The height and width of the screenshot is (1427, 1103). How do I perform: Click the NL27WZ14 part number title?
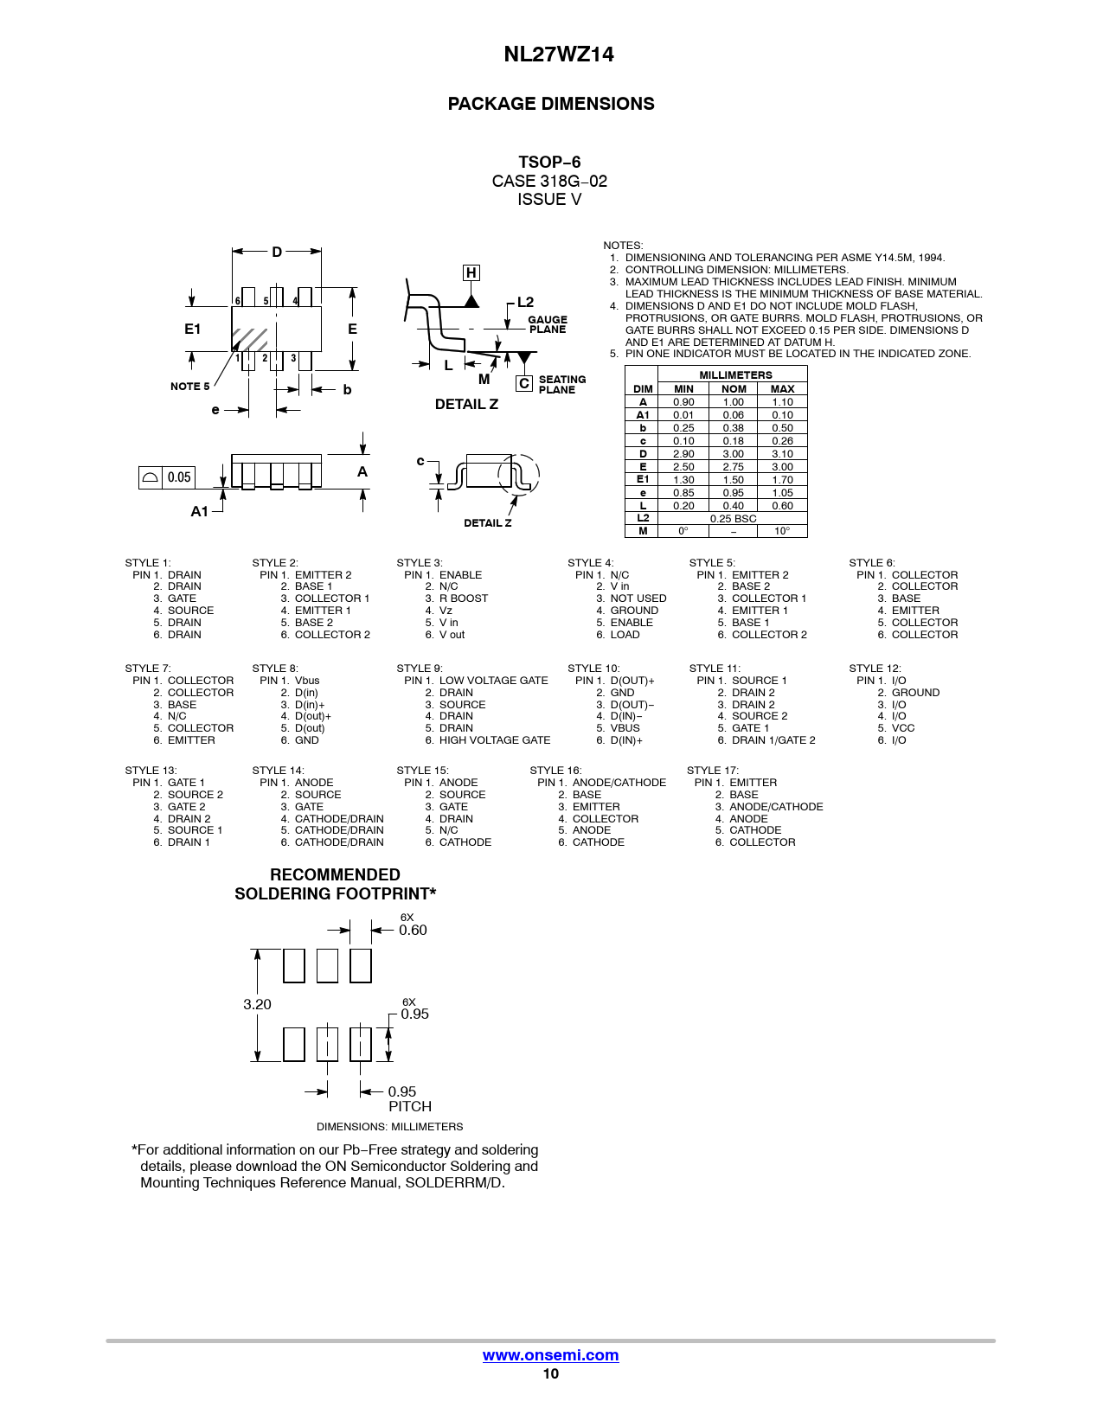click(558, 54)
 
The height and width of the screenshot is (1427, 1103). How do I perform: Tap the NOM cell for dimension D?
click(733, 454)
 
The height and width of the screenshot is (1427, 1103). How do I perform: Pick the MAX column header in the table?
click(782, 389)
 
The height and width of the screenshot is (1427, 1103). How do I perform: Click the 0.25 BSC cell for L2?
click(733, 518)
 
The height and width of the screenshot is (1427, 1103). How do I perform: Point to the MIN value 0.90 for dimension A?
click(683, 402)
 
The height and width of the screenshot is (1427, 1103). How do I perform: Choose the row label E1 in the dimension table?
click(643, 479)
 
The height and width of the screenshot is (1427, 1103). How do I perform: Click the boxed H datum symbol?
click(471, 272)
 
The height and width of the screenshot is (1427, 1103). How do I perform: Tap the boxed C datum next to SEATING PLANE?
click(524, 383)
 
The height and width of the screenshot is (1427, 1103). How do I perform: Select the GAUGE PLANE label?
click(548, 324)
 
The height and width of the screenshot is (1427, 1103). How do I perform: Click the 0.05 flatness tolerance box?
click(167, 477)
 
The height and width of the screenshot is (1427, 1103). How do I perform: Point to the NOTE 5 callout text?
click(189, 386)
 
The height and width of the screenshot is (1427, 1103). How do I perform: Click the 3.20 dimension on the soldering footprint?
click(257, 1004)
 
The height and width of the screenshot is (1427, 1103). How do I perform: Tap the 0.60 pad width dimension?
click(413, 930)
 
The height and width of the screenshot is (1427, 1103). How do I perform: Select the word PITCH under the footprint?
click(410, 1106)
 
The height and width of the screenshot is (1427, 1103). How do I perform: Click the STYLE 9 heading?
click(419, 669)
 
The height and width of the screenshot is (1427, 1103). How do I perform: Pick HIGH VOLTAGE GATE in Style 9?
click(495, 740)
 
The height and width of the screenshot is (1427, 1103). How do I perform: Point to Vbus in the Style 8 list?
click(307, 681)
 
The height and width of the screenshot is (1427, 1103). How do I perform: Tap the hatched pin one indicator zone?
click(250, 340)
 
